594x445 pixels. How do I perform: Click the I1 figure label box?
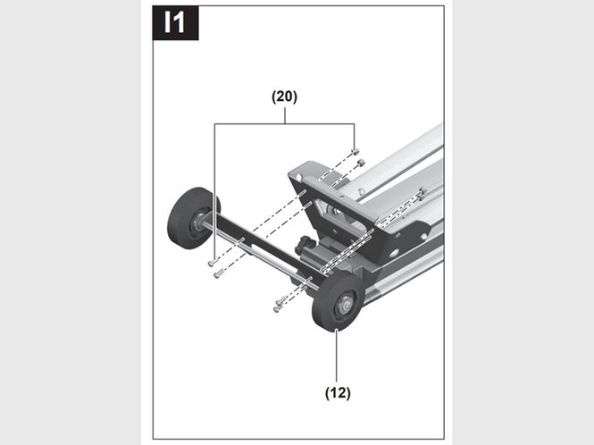pyautogui.click(x=175, y=22)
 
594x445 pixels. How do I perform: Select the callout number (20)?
pyautogui.click(x=285, y=97)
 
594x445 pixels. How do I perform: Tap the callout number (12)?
pyautogui.click(x=338, y=392)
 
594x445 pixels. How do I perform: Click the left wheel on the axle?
pyautogui.click(x=194, y=218)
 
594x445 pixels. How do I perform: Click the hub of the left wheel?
pyautogui.click(x=200, y=219)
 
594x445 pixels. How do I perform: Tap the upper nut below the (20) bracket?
pyautogui.click(x=356, y=151)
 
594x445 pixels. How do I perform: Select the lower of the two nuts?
pyautogui.click(x=362, y=163)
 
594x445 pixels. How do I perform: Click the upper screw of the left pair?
pyautogui.click(x=212, y=263)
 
